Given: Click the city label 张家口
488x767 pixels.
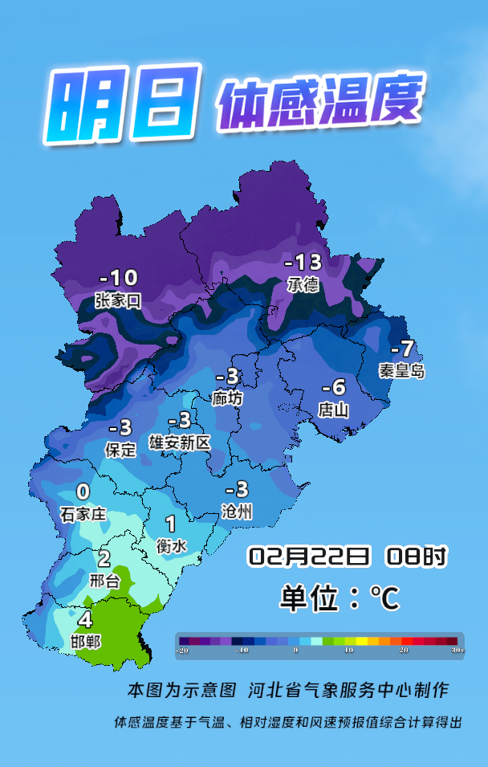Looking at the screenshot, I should [117, 301].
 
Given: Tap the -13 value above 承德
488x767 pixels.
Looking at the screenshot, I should [303, 263].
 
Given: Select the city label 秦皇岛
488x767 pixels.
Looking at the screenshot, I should [402, 371].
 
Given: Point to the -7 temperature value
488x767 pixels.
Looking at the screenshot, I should [402, 349].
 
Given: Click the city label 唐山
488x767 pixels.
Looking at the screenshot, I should [333, 410].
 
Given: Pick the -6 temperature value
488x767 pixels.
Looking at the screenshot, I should [333, 386].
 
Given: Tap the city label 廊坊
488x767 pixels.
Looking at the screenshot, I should [227, 398].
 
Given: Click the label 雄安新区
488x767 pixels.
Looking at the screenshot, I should [180, 442].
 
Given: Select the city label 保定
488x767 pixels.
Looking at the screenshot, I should [121, 450].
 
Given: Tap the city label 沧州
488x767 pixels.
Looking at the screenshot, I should [238, 512].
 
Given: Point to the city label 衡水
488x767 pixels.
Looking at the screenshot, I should [172, 546].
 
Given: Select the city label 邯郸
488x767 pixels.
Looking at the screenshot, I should [86, 642].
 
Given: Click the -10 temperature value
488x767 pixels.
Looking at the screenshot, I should [118, 279].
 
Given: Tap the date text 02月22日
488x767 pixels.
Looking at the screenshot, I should [309, 556].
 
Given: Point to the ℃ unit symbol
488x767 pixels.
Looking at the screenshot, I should [384, 598].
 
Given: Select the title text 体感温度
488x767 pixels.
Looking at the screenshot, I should [319, 102].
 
